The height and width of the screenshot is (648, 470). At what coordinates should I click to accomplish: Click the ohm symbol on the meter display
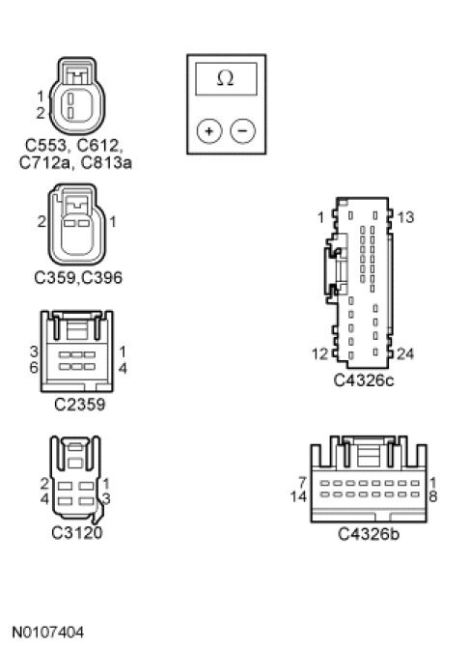[226, 78]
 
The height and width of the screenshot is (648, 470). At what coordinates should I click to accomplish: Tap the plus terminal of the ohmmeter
[209, 131]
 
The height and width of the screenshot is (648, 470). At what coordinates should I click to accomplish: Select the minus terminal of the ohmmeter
[243, 131]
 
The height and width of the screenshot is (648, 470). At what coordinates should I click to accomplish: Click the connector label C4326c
[364, 380]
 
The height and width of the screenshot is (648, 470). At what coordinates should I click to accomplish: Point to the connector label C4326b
[369, 534]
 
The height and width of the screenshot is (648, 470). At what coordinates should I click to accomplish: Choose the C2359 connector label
[80, 405]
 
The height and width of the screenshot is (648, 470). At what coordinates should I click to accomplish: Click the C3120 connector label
[77, 532]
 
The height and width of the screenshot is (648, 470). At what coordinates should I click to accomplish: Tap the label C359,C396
[78, 277]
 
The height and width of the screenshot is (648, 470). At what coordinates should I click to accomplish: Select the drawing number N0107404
[48, 633]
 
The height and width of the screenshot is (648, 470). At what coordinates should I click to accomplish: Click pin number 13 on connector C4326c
[405, 217]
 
